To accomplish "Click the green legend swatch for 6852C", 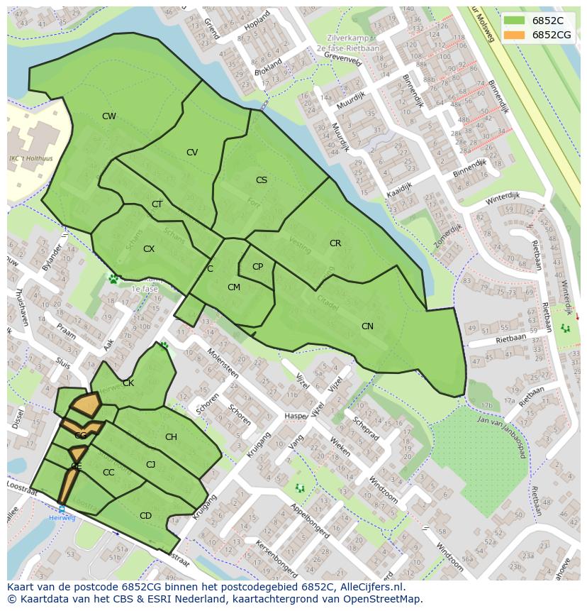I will [x=515, y=21].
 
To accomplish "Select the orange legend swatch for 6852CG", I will [x=515, y=35].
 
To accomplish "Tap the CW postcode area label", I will [x=108, y=116].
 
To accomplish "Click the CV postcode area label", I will [x=192, y=153].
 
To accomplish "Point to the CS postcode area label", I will [x=262, y=180].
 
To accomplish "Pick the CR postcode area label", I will [x=335, y=243].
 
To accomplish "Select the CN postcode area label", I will [x=367, y=326].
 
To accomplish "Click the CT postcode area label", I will [x=157, y=204].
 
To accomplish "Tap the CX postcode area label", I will [x=149, y=249].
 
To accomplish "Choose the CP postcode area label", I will [x=257, y=267].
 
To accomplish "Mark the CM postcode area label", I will [x=234, y=287].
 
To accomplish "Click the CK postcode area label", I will [x=128, y=383].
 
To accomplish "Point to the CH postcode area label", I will [x=171, y=437].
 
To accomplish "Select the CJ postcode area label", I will [x=150, y=465].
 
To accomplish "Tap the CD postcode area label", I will [x=145, y=516].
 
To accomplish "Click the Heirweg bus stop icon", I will [x=62, y=509].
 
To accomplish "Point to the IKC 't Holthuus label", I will [x=28, y=158].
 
